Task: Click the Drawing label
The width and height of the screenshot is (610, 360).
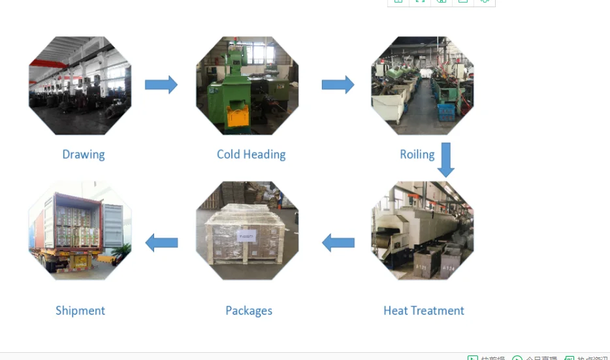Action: pyautogui.click(x=84, y=155)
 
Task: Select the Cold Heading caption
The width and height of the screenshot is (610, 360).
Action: pyautogui.click(x=251, y=155)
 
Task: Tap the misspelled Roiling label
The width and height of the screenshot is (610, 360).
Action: pyautogui.click(x=417, y=155)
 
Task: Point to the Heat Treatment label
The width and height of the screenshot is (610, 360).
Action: pyautogui.click(x=424, y=310)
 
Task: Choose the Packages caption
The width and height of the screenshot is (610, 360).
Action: pyautogui.click(x=249, y=310)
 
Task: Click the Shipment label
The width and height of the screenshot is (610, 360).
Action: pyautogui.click(x=80, y=310)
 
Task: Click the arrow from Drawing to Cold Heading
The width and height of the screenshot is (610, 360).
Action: pyautogui.click(x=161, y=84)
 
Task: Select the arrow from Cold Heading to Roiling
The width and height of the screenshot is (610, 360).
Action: pyautogui.click(x=338, y=84)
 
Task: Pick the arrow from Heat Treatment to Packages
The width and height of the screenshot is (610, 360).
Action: pyautogui.click(x=338, y=243)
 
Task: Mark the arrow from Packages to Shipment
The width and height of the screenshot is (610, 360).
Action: pyautogui.click(x=161, y=243)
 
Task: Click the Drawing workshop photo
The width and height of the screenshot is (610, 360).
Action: pyautogui.click(x=80, y=86)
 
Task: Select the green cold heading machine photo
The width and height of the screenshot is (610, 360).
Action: pyautogui.click(x=248, y=86)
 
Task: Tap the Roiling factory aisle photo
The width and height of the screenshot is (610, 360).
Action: pyautogui.click(x=423, y=86)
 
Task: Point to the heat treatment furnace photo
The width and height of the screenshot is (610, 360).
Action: pyautogui.click(x=423, y=231)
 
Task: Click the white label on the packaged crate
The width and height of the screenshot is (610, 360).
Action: pyautogui.click(x=247, y=236)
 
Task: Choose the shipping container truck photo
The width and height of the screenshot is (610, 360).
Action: pyautogui.click(x=80, y=231)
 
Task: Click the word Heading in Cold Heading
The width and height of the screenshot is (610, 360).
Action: pyautogui.click(x=265, y=155)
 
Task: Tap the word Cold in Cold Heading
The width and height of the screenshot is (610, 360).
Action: pyautogui.click(x=229, y=155)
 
